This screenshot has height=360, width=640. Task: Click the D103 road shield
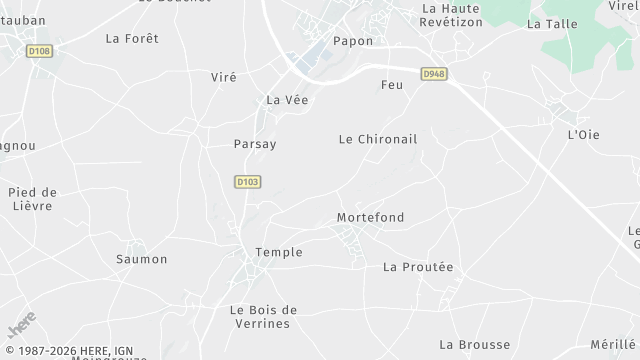(247, 181)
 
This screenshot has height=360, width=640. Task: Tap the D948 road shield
(433, 73)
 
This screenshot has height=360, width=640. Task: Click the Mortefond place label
(371, 217)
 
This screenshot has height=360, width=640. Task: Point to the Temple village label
(279, 252)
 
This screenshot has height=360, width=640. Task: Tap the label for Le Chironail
(378, 139)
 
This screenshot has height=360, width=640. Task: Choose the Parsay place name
(255, 144)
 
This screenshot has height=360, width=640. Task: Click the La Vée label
(287, 100)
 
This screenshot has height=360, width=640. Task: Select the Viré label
(224, 77)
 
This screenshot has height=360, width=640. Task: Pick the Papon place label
(354, 41)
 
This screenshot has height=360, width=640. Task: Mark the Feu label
(392, 86)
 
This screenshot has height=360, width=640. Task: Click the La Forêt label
(132, 38)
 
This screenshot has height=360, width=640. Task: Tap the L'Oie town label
(583, 134)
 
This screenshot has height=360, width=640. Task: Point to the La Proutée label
(418, 267)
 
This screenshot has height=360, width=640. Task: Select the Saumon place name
(142, 259)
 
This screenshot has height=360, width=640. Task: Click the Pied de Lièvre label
(34, 199)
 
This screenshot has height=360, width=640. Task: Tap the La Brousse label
(474, 344)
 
